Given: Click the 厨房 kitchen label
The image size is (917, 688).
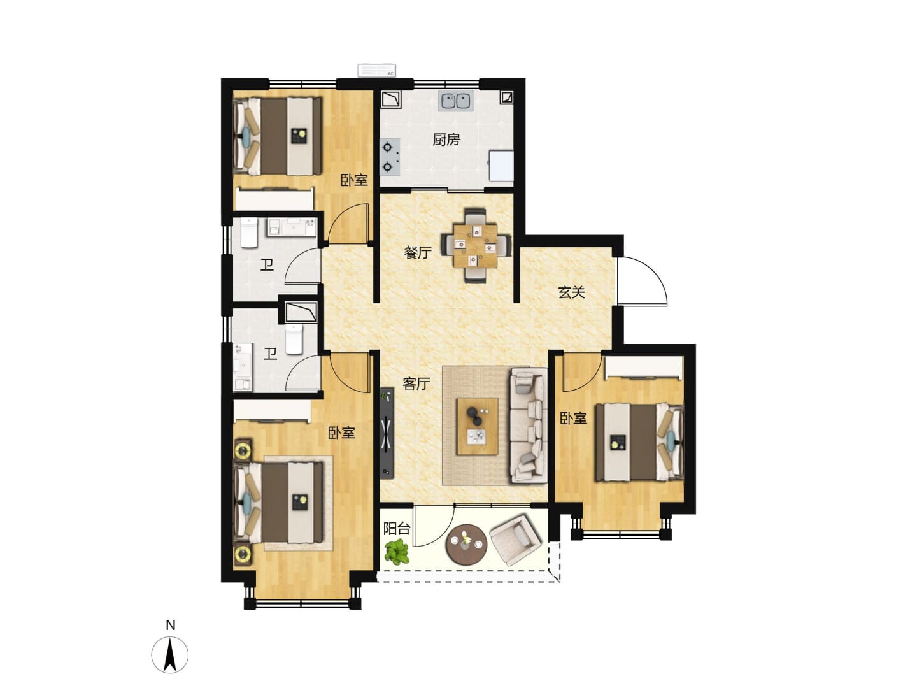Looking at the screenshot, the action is point(446,140).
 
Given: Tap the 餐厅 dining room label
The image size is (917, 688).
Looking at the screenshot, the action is point(417,252).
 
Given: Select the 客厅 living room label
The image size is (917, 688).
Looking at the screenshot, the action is point(416,383).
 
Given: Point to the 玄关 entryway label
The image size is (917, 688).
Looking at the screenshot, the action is point(571,292).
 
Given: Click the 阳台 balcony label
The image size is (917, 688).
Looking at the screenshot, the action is point(397,529).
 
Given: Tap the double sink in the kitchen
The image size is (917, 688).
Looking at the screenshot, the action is point(456,100).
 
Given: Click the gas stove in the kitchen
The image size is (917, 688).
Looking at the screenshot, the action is point(389,157).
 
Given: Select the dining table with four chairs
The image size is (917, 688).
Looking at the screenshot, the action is point(476,246).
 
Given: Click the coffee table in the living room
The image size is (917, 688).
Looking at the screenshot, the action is point(477,426).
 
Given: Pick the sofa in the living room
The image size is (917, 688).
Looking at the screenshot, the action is point(529,426).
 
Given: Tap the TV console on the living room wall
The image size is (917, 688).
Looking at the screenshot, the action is point(387,433).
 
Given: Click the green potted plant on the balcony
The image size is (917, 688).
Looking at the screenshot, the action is point(397,552).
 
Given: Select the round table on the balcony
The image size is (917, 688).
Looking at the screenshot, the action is point(466,545).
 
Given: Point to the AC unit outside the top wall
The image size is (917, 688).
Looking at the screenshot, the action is point(377,70).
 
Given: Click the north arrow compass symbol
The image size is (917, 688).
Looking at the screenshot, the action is point(169,655).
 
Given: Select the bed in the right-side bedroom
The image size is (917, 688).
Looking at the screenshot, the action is point(639,442).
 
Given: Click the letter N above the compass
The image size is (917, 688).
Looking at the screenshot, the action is point(170,626).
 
